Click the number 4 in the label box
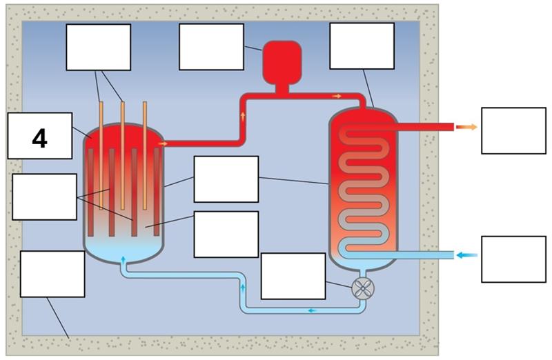39,139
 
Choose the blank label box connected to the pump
293,276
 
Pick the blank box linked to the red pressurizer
211,47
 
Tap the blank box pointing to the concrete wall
52,274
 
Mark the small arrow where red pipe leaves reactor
163,143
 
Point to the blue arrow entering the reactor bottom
124,260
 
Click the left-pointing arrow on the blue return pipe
312,310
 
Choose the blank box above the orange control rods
98,47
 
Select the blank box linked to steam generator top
362,46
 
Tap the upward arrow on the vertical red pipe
244,115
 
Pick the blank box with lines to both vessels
226,179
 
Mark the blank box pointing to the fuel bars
44,197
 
